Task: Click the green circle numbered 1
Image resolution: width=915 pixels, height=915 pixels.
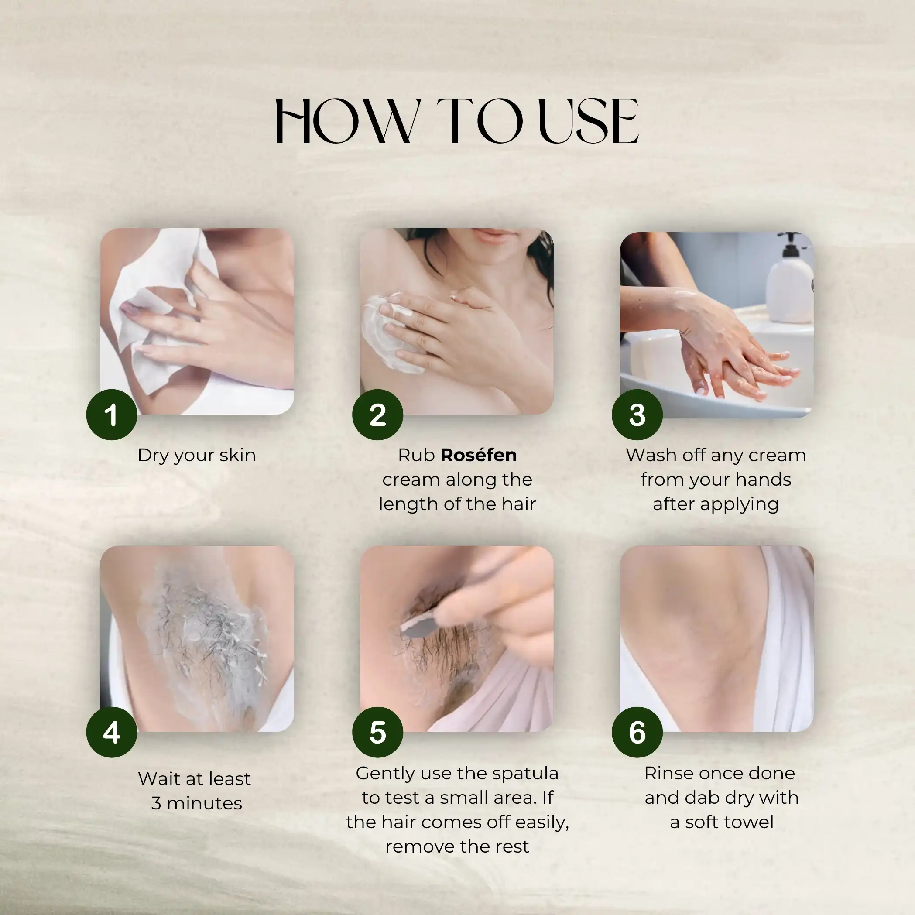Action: pyautogui.click(x=112, y=415)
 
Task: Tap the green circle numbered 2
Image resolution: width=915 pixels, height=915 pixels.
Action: pyautogui.click(x=377, y=415)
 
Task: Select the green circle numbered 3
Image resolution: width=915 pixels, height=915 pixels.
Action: pyautogui.click(x=637, y=415)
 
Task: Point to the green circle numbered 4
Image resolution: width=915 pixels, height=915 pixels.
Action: pyautogui.click(x=112, y=732)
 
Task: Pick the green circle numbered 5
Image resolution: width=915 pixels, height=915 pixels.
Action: pyautogui.click(x=377, y=732)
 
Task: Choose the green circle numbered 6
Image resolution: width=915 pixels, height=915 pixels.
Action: pyautogui.click(x=637, y=732)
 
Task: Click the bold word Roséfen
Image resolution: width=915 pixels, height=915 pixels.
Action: pyautogui.click(x=478, y=455)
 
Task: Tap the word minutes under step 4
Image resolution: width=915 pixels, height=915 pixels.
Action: pyautogui.click(x=204, y=803)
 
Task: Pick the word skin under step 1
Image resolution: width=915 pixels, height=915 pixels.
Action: pyautogui.click(x=238, y=455)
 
